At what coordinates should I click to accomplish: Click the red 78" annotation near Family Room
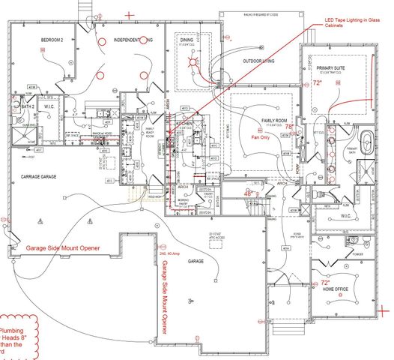(x=290, y=127)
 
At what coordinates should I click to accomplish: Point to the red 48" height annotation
(x=249, y=193)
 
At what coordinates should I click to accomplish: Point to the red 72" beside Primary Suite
(x=316, y=83)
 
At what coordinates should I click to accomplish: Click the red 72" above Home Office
(x=315, y=284)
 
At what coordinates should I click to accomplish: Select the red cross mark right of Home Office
(x=382, y=307)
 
